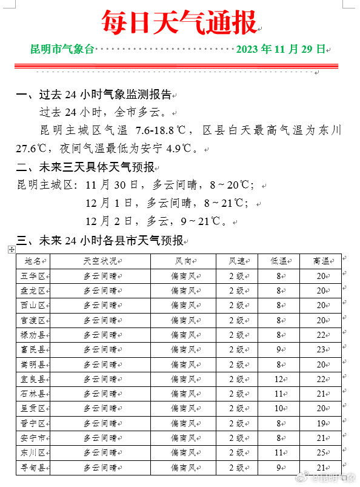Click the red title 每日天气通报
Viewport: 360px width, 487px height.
[179, 23]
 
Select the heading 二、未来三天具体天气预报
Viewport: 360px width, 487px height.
[85, 167]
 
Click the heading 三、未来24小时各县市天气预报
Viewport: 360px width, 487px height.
[99, 241]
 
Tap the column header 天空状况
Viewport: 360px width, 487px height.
[99, 261]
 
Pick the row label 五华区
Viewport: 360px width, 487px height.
[33, 276]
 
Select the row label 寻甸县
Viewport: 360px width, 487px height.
[33, 468]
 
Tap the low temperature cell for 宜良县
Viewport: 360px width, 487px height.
[280, 379]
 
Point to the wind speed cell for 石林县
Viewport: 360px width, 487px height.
[236, 394]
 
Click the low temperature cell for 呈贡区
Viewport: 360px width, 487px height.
[280, 409]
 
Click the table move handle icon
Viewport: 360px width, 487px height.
[12, 249]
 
